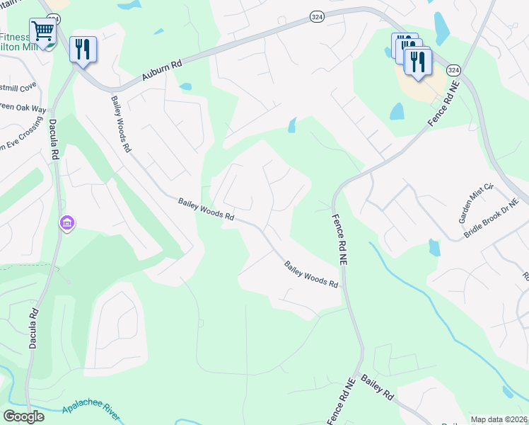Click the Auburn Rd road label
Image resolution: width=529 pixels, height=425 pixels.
tap(162, 70)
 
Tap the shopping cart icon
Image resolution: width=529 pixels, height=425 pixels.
tap(42, 32)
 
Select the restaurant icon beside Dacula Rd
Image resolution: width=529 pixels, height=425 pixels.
tap(83, 49)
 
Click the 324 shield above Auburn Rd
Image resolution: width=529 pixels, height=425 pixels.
tap(315, 15)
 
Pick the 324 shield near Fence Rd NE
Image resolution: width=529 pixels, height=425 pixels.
tap(453, 70)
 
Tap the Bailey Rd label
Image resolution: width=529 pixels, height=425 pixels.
tap(377, 389)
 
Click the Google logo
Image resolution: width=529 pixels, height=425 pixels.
tap(23, 416)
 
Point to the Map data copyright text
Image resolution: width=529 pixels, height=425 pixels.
tap(498, 419)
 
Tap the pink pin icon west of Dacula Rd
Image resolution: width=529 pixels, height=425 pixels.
tap(67, 223)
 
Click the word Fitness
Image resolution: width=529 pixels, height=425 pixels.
tap(13, 37)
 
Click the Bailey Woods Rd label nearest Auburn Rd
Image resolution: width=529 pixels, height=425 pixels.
tap(121, 125)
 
